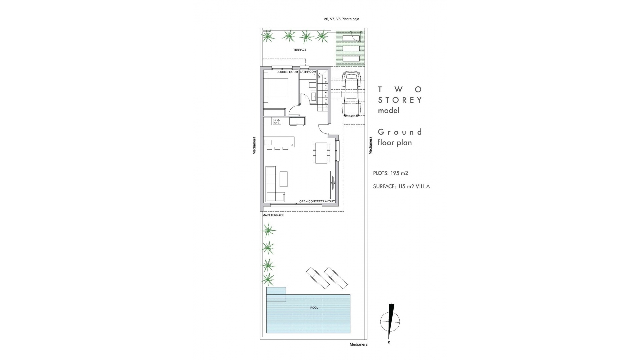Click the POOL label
tap(314, 308)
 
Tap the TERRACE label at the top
tap(300, 50)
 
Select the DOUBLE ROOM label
tap(287, 72)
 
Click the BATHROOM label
tap(308, 72)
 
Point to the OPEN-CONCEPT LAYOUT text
tap(317, 201)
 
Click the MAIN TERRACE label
tap(273, 215)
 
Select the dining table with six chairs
tap(322, 153)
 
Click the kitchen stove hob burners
tap(277, 122)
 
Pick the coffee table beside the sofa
tap(283, 179)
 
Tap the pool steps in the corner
tap(276, 294)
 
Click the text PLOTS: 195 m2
tap(391, 173)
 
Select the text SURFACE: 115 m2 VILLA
tap(401, 187)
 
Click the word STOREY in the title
tap(400, 100)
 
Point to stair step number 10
tap(325, 79)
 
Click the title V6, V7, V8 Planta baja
tap(341, 19)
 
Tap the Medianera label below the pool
tap(359, 345)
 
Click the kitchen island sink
tap(268, 143)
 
